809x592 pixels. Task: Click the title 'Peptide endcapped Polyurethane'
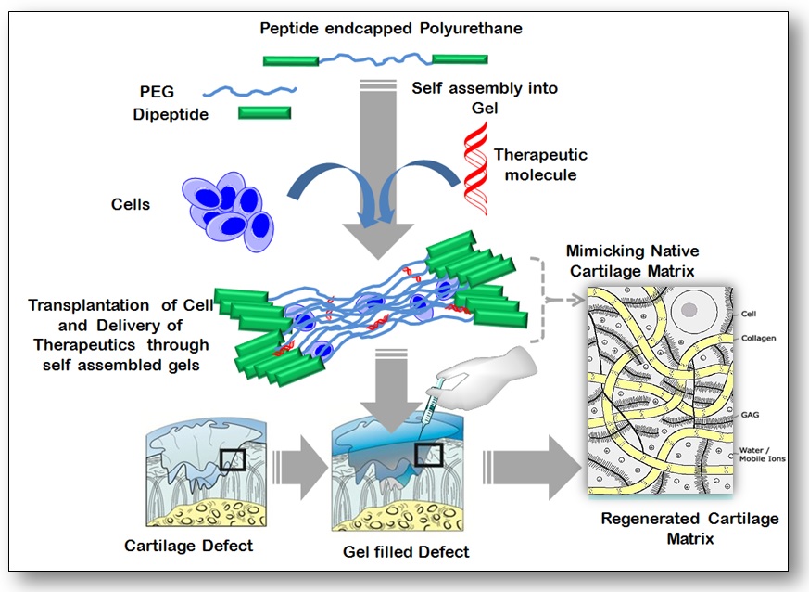[391, 29]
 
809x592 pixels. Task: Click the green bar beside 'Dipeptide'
[264, 112]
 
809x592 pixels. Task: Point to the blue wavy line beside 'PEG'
[249, 91]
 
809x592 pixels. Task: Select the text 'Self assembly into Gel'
[484, 97]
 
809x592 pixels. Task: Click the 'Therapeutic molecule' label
[540, 165]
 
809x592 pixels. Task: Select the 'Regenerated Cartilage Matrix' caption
[689, 528]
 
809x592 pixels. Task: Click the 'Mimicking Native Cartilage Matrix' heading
[632, 260]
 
